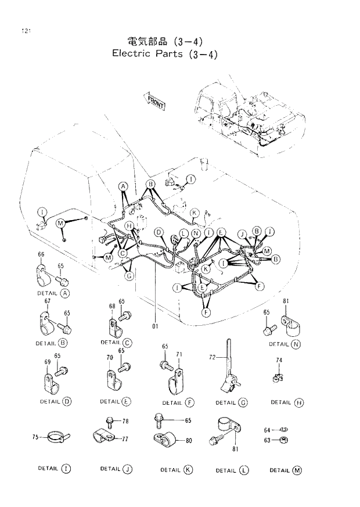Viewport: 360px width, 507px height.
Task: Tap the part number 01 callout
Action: (155, 326)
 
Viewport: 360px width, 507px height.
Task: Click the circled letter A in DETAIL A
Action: (65, 294)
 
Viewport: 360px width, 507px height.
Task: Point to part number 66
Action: (41, 254)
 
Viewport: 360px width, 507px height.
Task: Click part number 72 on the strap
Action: (213, 359)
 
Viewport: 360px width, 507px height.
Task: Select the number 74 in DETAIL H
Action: (279, 361)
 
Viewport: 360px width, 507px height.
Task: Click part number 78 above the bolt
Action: (125, 420)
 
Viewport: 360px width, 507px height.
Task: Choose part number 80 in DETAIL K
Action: (189, 441)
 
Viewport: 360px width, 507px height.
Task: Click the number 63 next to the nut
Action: (267, 440)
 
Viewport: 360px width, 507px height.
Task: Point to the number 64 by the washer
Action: (267, 430)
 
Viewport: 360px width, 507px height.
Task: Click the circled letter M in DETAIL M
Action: (297, 470)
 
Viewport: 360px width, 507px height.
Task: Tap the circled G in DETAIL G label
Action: (243, 402)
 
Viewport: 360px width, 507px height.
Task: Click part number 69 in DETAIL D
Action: (48, 362)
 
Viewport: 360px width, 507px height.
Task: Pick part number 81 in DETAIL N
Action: (286, 301)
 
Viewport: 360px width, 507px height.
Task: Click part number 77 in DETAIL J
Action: (125, 440)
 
